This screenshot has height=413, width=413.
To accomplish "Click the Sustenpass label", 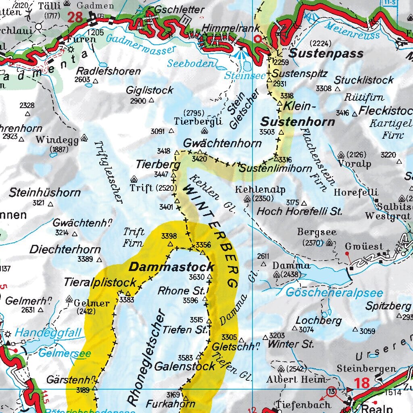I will [326, 53].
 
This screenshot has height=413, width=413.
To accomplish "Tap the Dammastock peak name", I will [171, 267].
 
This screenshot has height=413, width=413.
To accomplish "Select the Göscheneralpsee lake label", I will [334, 292].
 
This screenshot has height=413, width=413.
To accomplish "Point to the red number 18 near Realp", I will [362, 383].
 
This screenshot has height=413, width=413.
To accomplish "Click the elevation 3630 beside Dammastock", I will [197, 277].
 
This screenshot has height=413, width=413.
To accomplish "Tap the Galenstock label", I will [185, 366].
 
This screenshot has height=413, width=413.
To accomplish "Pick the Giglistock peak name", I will [150, 90].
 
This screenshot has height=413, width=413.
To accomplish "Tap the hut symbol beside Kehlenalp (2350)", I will [247, 198].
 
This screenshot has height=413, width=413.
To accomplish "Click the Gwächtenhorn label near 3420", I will [222, 143].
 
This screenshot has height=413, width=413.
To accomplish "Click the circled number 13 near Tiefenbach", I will [332, 392].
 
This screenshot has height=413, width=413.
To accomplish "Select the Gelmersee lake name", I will [65, 353].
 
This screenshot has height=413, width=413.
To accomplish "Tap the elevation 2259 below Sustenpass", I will [282, 62].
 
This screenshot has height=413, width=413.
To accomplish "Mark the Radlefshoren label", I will [109, 71].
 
